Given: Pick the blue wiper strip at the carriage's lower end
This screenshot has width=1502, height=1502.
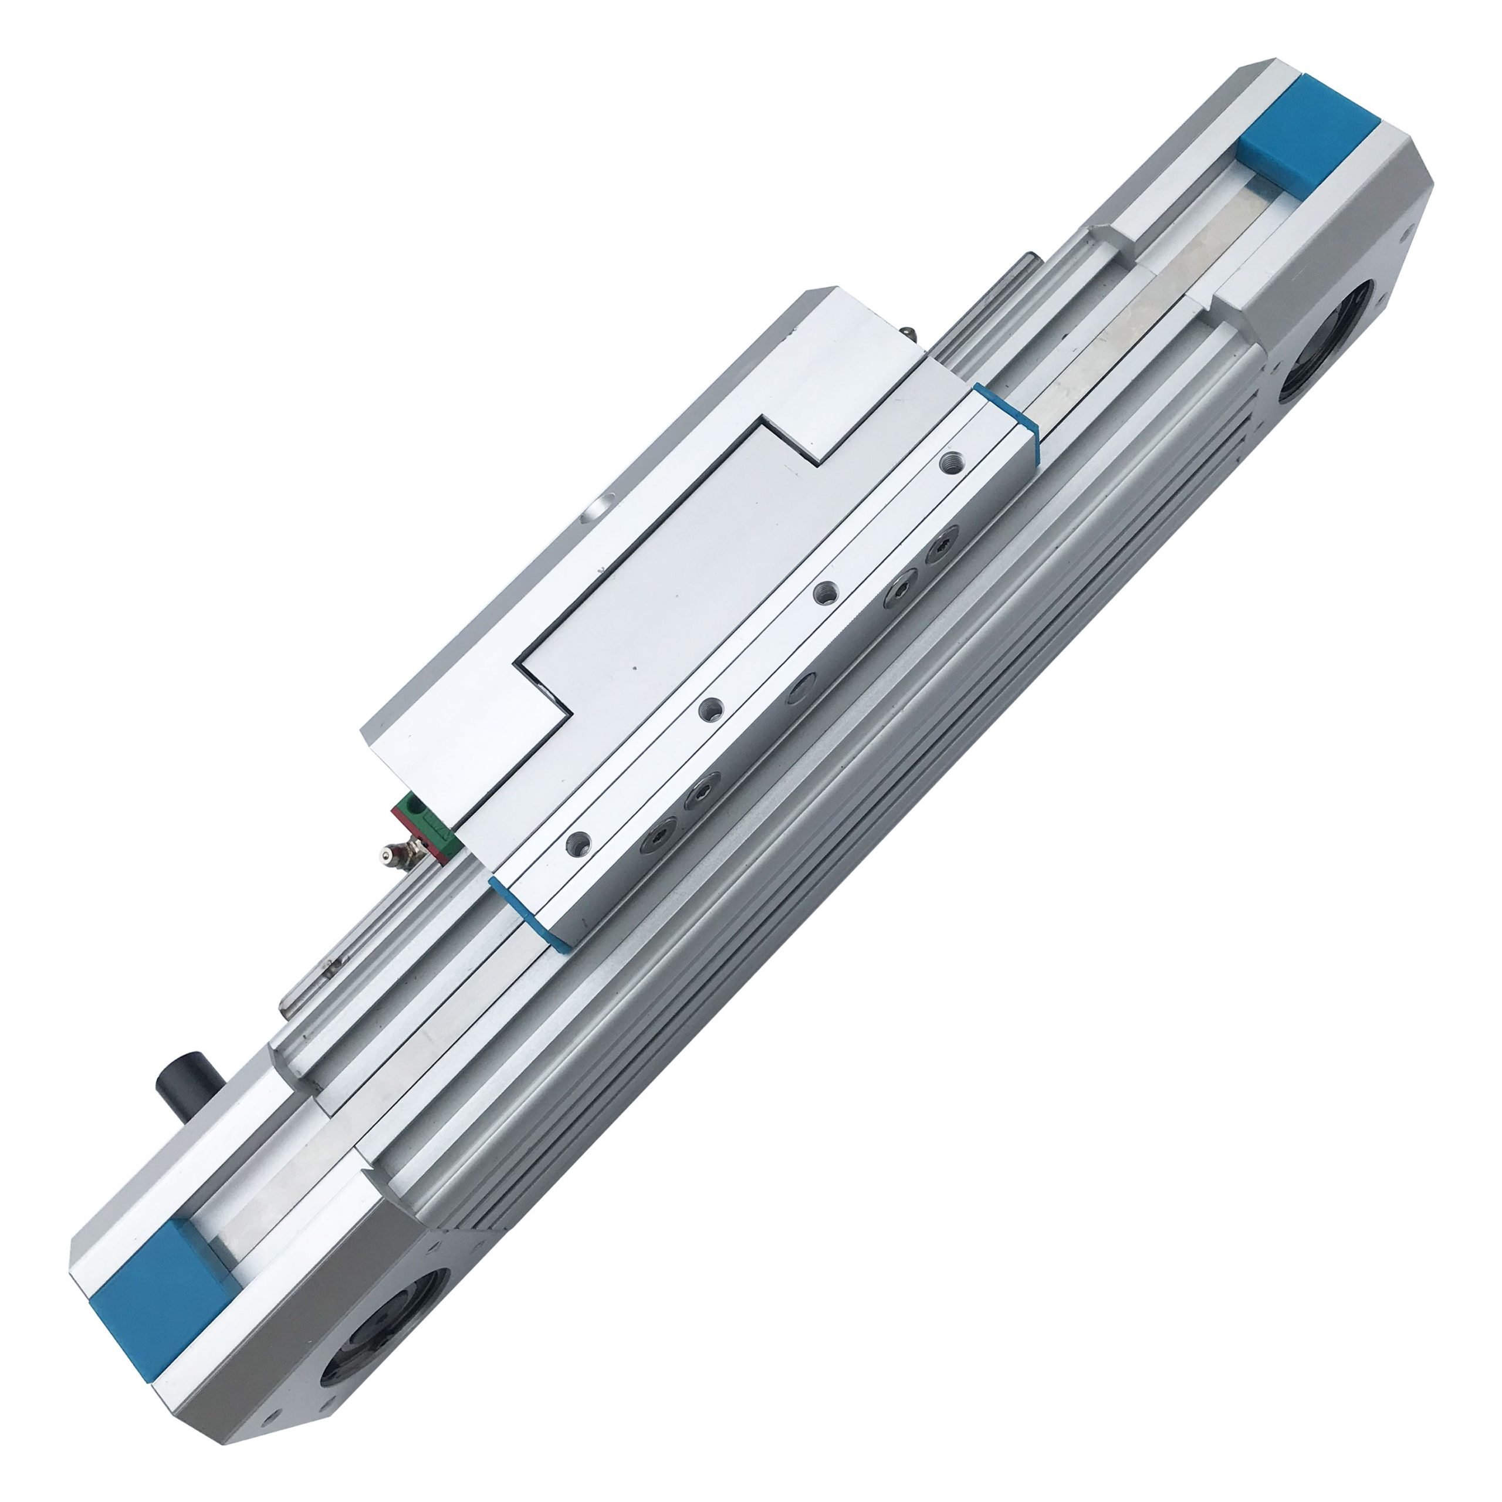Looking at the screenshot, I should tap(531, 914).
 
